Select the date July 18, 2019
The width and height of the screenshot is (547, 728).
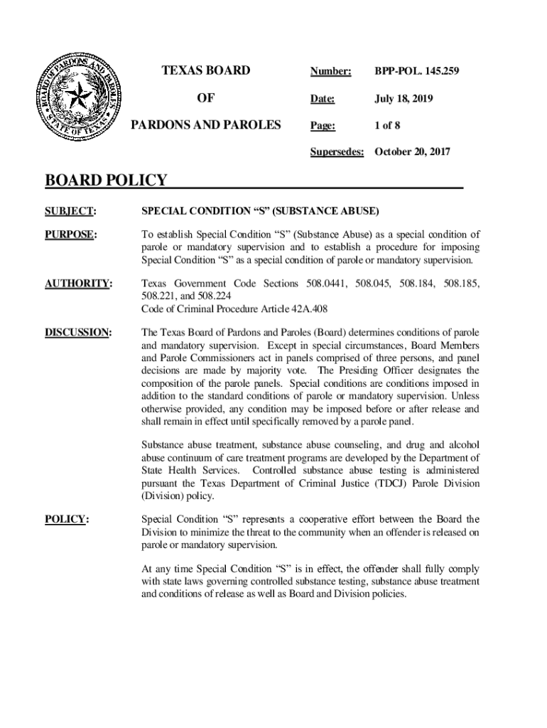click(x=403, y=98)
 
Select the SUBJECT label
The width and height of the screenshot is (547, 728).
click(x=70, y=211)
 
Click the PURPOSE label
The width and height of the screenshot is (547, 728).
click(x=71, y=235)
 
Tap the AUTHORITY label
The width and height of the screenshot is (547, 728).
click(x=78, y=284)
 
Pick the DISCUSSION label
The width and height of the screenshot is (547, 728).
click(x=78, y=332)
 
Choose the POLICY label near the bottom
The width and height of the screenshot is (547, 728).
click(x=67, y=520)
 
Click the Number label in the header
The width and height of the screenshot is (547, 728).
click(x=330, y=71)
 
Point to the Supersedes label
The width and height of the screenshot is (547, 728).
click(x=337, y=152)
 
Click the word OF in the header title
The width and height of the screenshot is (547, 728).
click(x=206, y=98)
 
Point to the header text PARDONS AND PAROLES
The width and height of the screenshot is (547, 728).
click(x=206, y=126)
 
